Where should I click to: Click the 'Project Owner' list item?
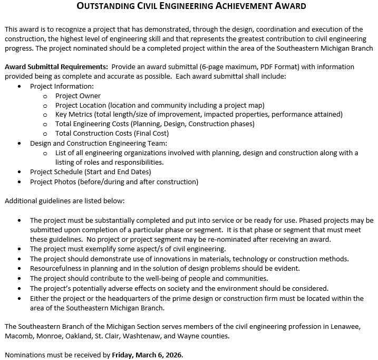[77, 96]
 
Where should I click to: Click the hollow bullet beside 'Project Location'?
[45, 106]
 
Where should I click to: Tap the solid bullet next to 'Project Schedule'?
[20, 172]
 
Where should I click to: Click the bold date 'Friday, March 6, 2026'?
[147, 355]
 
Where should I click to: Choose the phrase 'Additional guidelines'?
[38, 201]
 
